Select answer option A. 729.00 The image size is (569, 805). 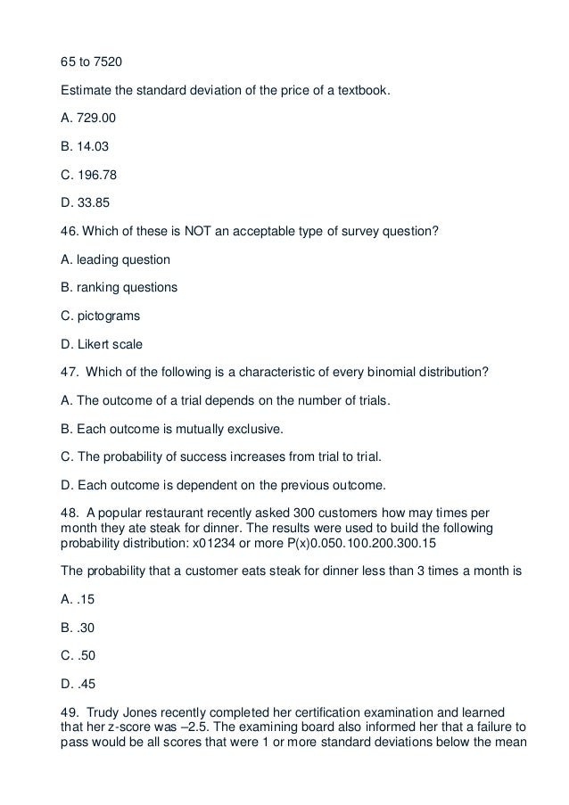coord(87,116)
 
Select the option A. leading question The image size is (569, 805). coord(114,260)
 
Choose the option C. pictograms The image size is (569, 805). coord(100,316)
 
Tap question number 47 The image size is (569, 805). coord(67,372)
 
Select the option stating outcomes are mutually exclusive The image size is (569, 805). coord(169,429)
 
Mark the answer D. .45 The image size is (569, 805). coord(78,683)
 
